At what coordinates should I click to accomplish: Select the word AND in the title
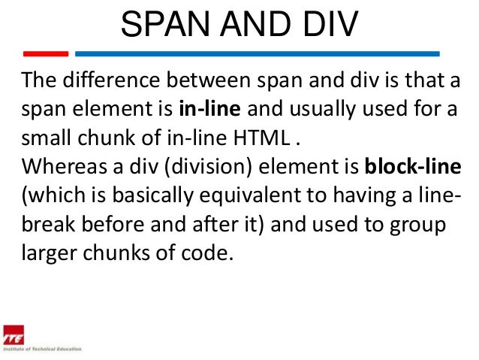point(254,26)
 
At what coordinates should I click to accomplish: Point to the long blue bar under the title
point(258,54)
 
